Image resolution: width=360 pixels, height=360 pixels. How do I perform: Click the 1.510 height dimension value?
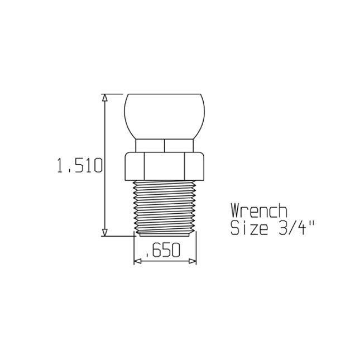pos(79,166)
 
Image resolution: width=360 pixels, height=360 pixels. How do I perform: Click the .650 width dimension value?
pos(162,252)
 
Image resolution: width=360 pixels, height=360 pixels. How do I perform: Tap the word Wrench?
pos(259,211)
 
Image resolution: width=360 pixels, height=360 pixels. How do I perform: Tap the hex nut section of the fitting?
pos(165,165)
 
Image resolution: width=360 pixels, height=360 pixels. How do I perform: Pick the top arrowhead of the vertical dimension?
pos(104,98)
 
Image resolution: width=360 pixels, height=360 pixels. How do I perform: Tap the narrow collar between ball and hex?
pos(165,145)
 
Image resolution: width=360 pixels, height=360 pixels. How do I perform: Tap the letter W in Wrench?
pos(237,211)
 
